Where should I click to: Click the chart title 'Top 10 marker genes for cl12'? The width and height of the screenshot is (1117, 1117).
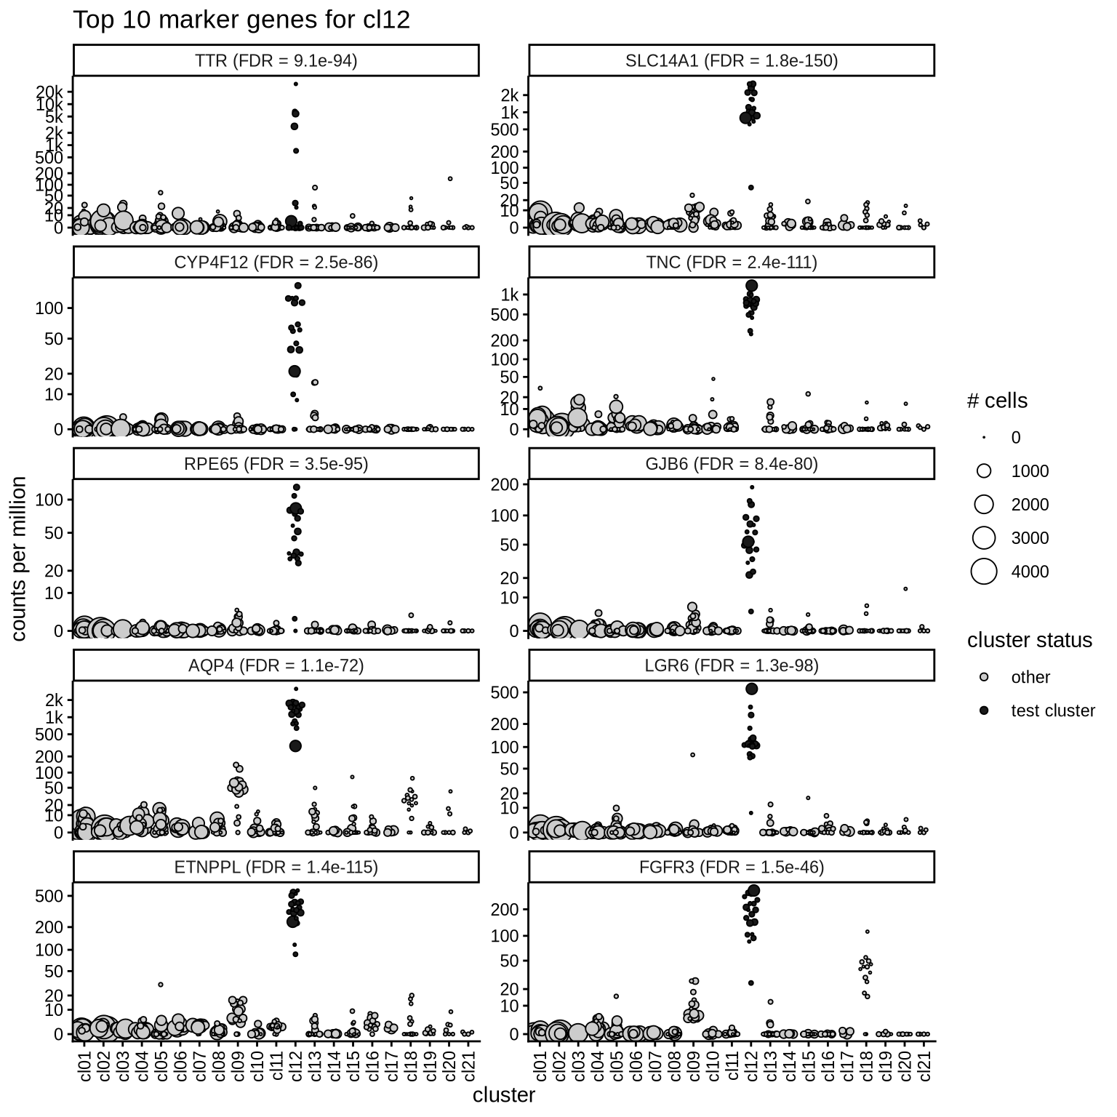click(241, 20)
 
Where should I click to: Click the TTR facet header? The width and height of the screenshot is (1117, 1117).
click(276, 60)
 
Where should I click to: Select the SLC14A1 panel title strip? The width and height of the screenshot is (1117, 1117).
click(732, 60)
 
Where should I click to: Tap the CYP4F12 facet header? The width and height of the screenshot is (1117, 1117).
click(276, 263)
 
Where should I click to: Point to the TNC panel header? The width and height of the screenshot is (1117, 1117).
click(732, 263)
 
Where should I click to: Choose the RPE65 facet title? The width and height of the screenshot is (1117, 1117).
click(276, 464)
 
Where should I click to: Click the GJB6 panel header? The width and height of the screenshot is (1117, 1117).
click(732, 464)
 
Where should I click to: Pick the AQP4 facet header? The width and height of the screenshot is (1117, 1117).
click(276, 665)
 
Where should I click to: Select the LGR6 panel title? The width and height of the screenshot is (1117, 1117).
click(732, 665)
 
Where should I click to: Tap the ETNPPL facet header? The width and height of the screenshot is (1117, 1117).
click(276, 867)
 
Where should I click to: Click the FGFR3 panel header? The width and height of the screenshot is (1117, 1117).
click(732, 867)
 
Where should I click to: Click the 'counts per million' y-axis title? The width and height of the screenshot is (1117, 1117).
click(20, 558)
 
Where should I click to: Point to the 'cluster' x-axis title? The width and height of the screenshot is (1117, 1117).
click(504, 1095)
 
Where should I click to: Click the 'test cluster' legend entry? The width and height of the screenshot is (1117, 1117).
click(1052, 710)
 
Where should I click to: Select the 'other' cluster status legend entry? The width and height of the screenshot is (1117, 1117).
click(1030, 677)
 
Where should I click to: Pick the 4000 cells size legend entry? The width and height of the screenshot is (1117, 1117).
click(1030, 572)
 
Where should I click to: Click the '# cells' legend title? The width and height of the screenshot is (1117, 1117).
click(997, 401)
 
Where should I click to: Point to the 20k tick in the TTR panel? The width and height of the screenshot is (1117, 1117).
click(52, 92)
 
